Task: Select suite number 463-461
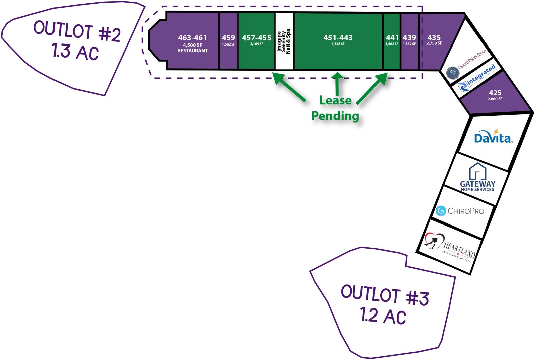pos(192,38)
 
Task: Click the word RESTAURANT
pos(192,51)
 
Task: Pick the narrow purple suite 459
pos(228,40)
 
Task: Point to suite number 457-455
pos(256,38)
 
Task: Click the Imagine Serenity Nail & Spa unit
pos(284,41)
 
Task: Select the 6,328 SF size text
pos(338,44)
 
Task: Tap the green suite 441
pos(392,40)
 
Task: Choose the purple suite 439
pos(409,40)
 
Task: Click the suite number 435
pos(434,38)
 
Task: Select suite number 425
pos(495,93)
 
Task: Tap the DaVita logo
pos(493,137)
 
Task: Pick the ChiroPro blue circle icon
pos(441,211)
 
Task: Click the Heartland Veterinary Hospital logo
pos(450,247)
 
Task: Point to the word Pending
pos(335,116)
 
